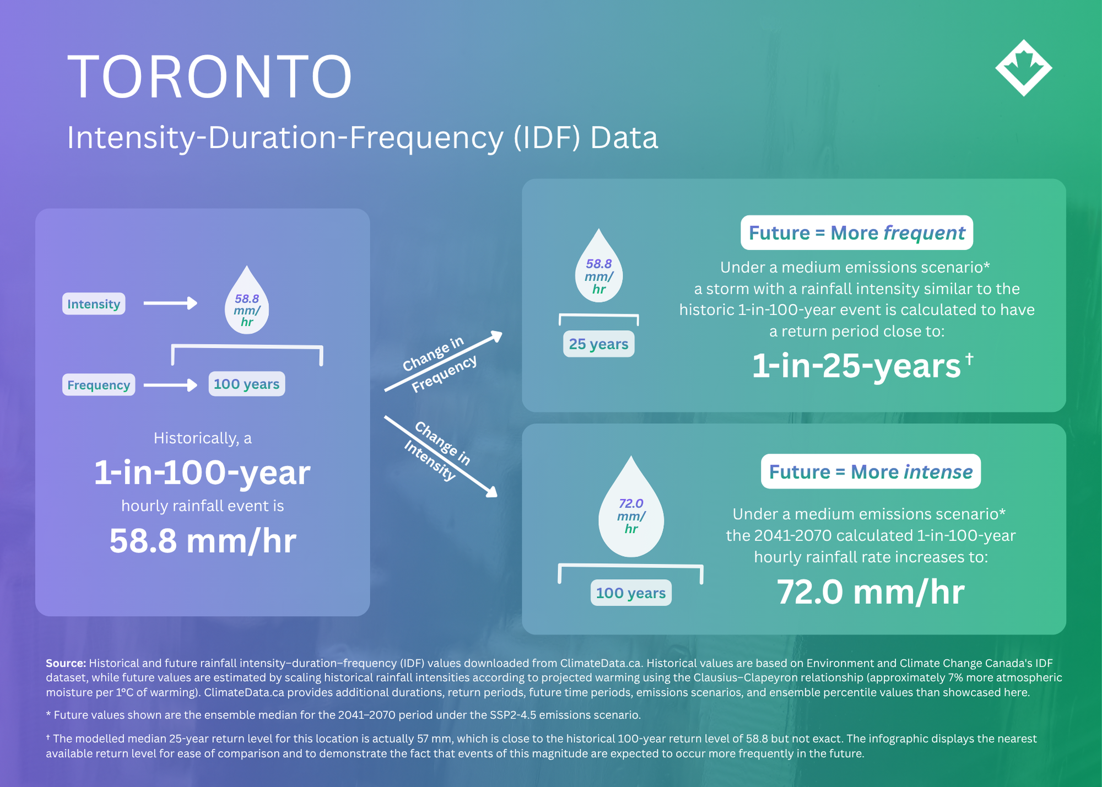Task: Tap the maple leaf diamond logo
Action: [x=1023, y=68]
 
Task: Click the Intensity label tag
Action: [x=94, y=304]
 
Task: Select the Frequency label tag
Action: [x=99, y=385]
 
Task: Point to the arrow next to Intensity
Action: [x=170, y=303]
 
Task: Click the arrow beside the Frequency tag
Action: [x=170, y=385]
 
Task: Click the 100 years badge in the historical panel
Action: [x=246, y=384]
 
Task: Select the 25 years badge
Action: [x=598, y=344]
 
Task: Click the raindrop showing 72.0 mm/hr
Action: [x=631, y=507]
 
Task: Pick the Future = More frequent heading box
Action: [x=857, y=233]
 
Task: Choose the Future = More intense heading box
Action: [x=871, y=471]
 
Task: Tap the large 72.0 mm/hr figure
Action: [x=871, y=592]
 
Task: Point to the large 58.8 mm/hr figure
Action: [x=203, y=541]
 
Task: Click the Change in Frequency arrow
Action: [x=444, y=361]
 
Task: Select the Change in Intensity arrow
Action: [x=441, y=456]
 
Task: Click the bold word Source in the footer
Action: [x=66, y=663]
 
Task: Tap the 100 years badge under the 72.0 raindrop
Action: [x=631, y=593]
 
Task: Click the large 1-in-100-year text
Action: [x=202, y=473]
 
